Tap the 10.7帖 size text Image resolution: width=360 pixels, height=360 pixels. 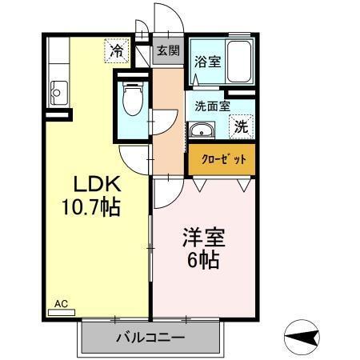point(90,208)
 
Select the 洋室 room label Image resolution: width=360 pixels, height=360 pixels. point(205,238)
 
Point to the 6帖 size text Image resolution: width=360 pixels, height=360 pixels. point(204,260)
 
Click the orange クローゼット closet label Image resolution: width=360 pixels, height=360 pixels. point(222,159)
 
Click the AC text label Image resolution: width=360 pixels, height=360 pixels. point(61,303)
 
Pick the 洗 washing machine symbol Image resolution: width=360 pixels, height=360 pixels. point(241,126)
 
